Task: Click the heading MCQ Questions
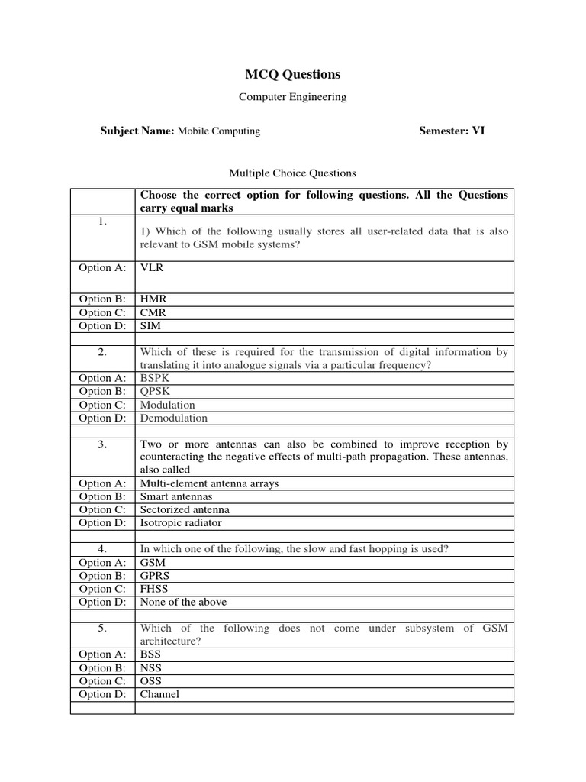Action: (x=292, y=74)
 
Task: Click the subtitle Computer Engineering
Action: (x=292, y=97)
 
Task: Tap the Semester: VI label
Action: (x=452, y=131)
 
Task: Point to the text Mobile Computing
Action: (x=219, y=131)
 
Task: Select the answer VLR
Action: (x=152, y=268)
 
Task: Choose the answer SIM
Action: (x=151, y=325)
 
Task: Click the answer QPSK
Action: (x=155, y=391)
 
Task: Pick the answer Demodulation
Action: (x=174, y=418)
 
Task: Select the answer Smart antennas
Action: (x=176, y=496)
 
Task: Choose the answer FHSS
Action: (x=154, y=589)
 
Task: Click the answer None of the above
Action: (x=183, y=602)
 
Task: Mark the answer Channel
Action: (x=159, y=694)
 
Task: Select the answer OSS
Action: (x=151, y=680)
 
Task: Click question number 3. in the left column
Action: (x=102, y=444)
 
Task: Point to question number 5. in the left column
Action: (x=102, y=628)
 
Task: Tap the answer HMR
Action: (x=153, y=299)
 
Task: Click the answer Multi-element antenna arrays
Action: (x=210, y=483)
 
